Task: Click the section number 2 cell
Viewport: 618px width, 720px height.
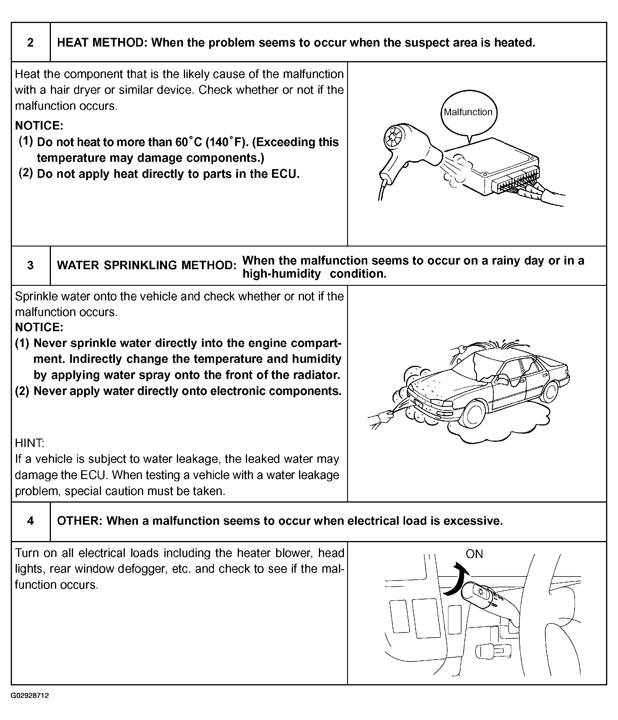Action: point(31,42)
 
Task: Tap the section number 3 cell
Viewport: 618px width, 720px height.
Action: point(31,265)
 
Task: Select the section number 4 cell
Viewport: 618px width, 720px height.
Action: point(31,521)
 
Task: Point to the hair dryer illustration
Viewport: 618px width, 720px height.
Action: point(406,149)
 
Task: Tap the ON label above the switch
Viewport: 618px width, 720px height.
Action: point(474,554)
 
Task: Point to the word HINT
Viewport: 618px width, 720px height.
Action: point(29,443)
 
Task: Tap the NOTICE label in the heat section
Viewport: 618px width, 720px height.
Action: point(39,125)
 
